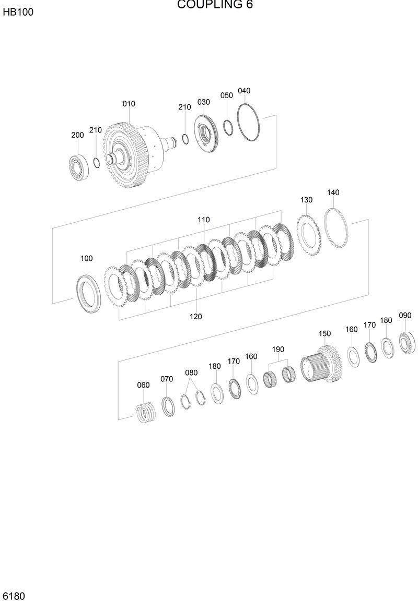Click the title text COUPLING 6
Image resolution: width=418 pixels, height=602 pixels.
tap(215, 5)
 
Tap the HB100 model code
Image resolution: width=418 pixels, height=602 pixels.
tap(18, 12)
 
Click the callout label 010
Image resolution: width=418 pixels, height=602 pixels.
tap(129, 104)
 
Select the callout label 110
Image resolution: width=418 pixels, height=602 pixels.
tap(203, 220)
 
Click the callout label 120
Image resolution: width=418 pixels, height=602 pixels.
tap(196, 316)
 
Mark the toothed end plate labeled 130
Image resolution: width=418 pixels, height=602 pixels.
tap(307, 233)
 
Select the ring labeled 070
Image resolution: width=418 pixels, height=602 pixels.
tap(168, 406)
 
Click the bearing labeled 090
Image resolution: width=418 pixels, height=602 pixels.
tap(407, 342)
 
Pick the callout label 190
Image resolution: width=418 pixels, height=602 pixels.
tap(277, 349)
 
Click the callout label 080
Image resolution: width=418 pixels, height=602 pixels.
tap(191, 372)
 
